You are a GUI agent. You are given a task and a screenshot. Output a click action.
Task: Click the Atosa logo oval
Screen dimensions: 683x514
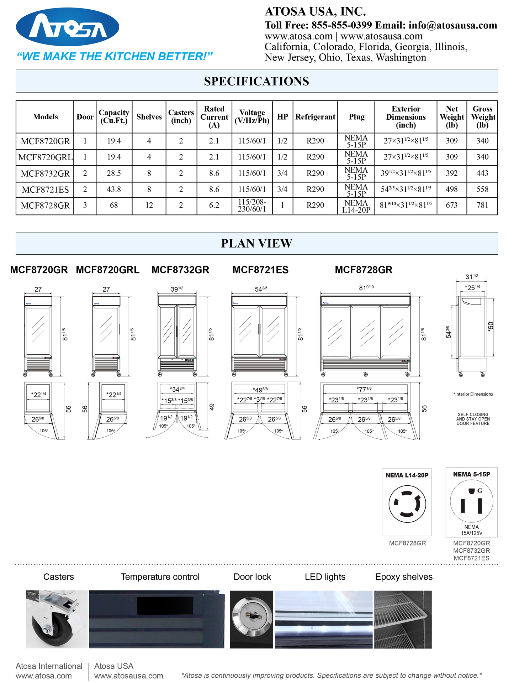coord(68,27)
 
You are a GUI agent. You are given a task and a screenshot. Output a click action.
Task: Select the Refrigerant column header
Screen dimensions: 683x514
coord(315,117)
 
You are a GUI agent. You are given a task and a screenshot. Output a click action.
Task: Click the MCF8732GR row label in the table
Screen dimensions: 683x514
coord(45,173)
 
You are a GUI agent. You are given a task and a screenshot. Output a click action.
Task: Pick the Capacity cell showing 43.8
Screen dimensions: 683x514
coord(114,189)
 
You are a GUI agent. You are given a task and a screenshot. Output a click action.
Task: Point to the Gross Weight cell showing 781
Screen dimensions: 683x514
coord(482,205)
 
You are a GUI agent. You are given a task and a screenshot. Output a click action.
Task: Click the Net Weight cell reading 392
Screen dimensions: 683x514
coord(452,173)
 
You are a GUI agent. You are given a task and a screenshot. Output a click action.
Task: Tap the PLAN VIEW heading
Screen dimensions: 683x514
coord(256,244)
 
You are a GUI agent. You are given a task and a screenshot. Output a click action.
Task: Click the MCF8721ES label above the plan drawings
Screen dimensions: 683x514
coord(260,270)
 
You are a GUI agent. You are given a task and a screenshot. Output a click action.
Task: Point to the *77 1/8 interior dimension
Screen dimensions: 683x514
coord(364,389)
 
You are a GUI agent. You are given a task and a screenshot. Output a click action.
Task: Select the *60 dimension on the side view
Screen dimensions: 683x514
coord(491,327)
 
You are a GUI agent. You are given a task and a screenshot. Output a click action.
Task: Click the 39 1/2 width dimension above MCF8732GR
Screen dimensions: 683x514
coord(177,289)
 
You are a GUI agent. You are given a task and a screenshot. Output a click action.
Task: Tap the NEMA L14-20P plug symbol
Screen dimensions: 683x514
coord(407,504)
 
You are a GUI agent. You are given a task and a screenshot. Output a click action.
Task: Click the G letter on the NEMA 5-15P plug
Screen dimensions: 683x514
coord(480,491)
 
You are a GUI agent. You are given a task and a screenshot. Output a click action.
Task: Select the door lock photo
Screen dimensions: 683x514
coord(251,619)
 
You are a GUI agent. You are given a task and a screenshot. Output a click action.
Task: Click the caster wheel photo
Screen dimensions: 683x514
coord(57,619)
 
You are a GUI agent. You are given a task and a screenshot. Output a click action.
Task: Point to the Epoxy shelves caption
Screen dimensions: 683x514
coord(404,577)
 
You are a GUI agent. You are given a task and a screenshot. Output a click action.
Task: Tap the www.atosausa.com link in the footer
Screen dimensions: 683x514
coord(128,676)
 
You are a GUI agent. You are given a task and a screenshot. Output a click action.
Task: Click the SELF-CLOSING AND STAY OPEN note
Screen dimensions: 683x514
coord(473,419)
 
